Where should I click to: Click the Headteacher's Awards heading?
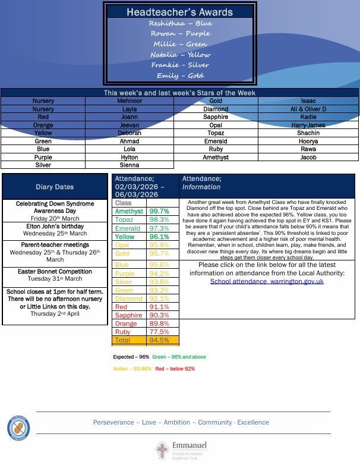pyautogui.click(x=181, y=12)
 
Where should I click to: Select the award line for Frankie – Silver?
pyautogui.click(x=181, y=65)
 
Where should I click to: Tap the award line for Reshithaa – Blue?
pyautogui.click(x=181, y=23)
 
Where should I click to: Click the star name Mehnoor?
pyautogui.click(x=130, y=101)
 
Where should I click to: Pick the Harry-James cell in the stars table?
pyautogui.click(x=308, y=125)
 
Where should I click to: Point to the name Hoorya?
pyautogui.click(x=308, y=142)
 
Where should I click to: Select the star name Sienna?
pyautogui.click(x=130, y=165)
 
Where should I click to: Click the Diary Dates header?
pyautogui.click(x=55, y=187)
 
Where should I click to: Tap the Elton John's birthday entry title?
pyautogui.click(x=55, y=227)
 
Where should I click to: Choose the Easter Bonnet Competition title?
pyautogui.click(x=55, y=272)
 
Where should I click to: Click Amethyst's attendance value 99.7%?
pyautogui.click(x=159, y=211)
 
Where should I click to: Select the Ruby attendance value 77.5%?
pyautogui.click(x=159, y=332)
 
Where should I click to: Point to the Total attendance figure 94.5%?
pyautogui.click(x=159, y=341)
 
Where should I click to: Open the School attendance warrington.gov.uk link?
pyautogui.click(x=267, y=281)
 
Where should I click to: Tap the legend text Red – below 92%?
pyautogui.click(x=175, y=369)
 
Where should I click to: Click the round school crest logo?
pyautogui.click(x=18, y=428)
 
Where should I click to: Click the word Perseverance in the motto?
pyautogui.click(x=113, y=422)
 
